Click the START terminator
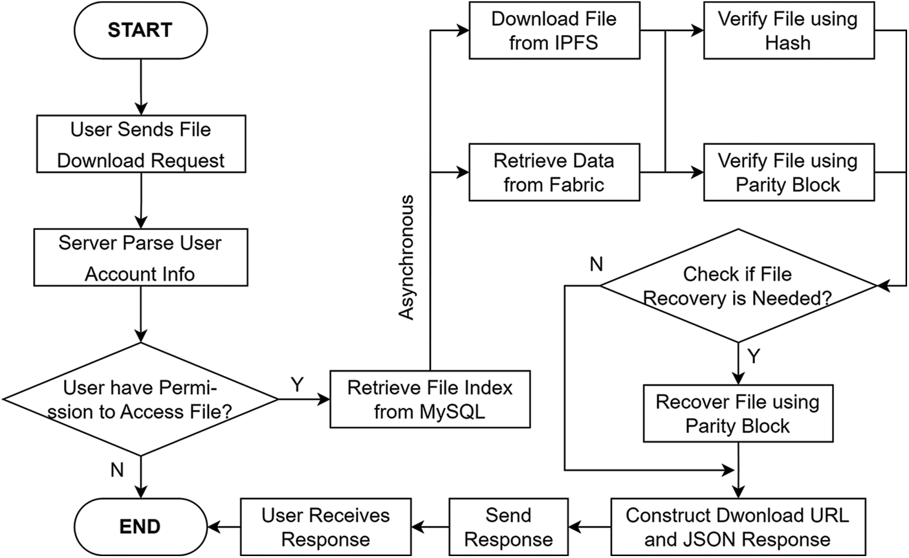tap(140, 30)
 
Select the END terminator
tap(140, 526)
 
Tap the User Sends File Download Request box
tap(140, 144)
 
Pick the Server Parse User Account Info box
tap(140, 258)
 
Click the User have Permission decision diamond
tap(140, 399)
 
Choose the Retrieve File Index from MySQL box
tap(430, 399)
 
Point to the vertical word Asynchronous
tap(406, 257)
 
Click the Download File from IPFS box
tap(554, 30)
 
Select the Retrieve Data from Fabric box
tap(554, 172)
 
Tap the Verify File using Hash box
tap(787, 30)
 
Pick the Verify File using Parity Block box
tap(787, 172)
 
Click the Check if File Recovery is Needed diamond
tap(738, 285)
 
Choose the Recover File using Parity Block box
tap(738, 414)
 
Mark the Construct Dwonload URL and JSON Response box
tap(738, 527)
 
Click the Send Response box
tap(509, 527)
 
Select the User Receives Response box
tap(325, 527)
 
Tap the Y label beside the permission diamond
tap(297, 385)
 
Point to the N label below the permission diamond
tap(117, 470)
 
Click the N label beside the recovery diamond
tap(596, 264)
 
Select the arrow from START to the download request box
tap(140, 84)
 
